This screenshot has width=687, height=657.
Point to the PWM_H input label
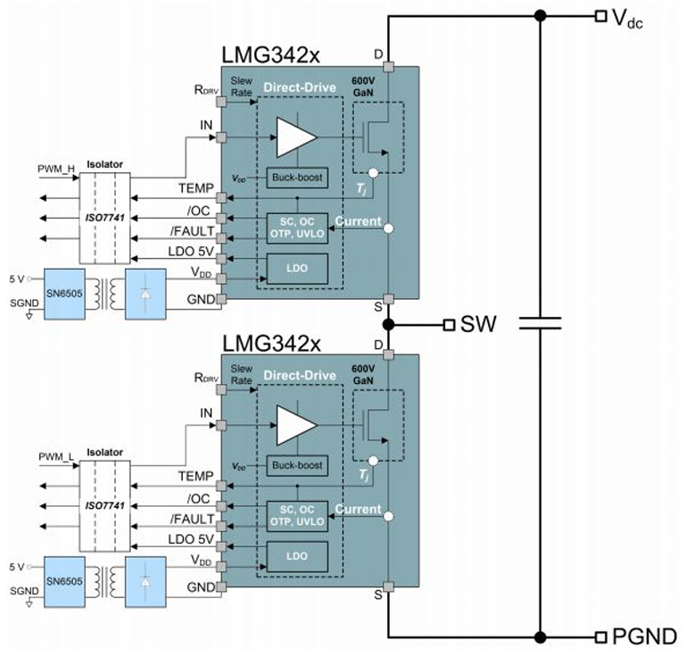[x=55, y=169]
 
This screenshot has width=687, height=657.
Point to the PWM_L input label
[x=55, y=456]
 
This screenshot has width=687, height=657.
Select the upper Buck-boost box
[x=297, y=178]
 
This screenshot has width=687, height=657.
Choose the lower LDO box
[x=297, y=555]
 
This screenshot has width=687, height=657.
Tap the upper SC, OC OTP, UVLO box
[x=297, y=228]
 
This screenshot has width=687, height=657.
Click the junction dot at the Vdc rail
[x=539, y=15]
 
